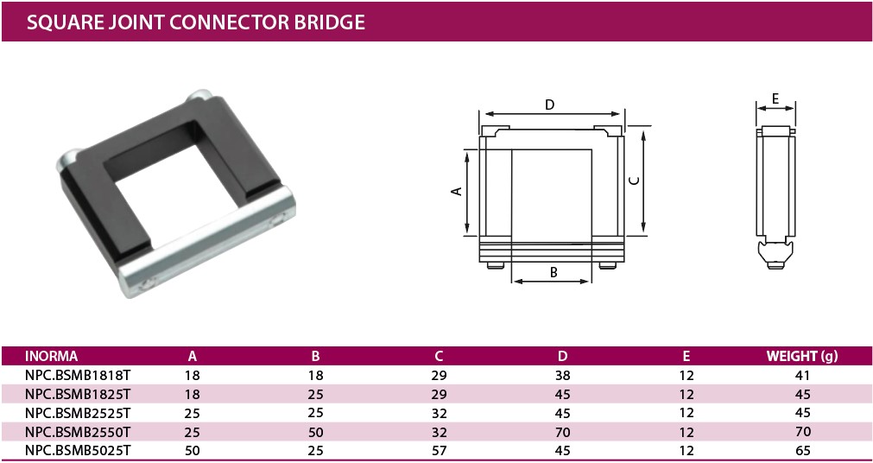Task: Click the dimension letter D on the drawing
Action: [550, 105]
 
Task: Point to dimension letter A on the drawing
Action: [458, 192]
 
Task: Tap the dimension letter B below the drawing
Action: [554, 272]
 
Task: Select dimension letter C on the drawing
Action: [634, 180]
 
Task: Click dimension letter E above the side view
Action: [775, 98]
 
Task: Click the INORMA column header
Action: [52, 356]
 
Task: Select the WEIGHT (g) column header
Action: [802, 356]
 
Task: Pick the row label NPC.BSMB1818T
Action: [77, 376]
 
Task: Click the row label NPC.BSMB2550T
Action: [77, 431]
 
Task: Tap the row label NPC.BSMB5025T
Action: [77, 449]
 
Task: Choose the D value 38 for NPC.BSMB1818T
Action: [562, 376]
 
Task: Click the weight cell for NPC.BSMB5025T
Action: [802, 449]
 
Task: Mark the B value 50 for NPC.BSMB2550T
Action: [316, 431]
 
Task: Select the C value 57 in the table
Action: [439, 449]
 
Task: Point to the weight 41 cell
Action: [802, 376]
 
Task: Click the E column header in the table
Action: [686, 356]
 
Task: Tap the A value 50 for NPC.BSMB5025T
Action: [193, 449]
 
